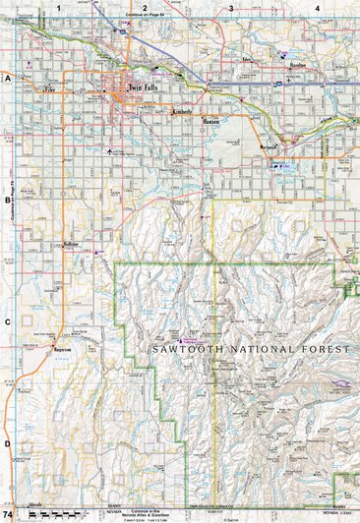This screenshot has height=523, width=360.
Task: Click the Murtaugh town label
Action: (270, 147)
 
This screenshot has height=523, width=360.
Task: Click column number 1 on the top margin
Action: (60, 8)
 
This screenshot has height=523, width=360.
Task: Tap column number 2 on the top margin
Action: (145, 8)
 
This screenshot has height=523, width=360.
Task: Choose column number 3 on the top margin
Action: (231, 8)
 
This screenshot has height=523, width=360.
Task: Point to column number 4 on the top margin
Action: (317, 8)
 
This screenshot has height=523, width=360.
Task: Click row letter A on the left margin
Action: (7, 77)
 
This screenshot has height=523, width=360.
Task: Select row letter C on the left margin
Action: (7, 321)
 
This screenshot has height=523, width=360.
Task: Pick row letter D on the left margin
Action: (7, 443)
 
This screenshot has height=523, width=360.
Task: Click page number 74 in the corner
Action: (9, 515)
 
